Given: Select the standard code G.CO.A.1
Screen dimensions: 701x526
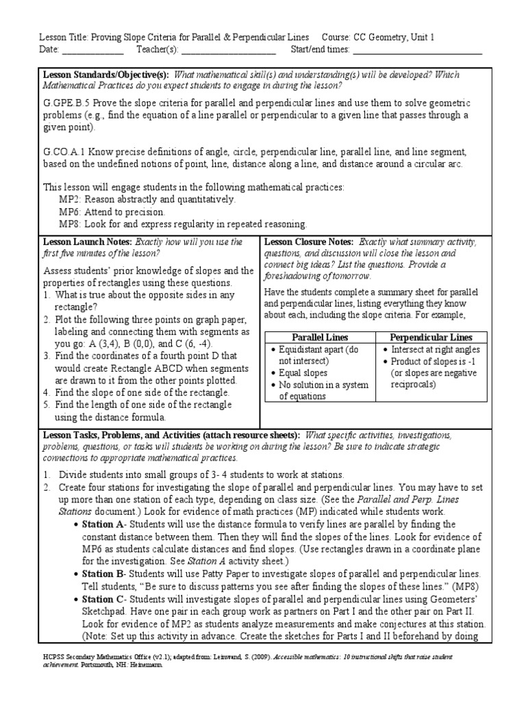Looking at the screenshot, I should click(x=66, y=151).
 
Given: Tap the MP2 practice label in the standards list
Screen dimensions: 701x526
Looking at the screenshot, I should click(x=69, y=199).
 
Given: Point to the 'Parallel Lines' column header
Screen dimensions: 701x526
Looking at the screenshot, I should click(x=320, y=337).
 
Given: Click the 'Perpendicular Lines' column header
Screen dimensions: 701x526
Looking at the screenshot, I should click(x=431, y=337).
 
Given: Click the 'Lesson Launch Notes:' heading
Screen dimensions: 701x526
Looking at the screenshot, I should click(x=88, y=242).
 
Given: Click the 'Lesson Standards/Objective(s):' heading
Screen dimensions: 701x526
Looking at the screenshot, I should click(x=106, y=75).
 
